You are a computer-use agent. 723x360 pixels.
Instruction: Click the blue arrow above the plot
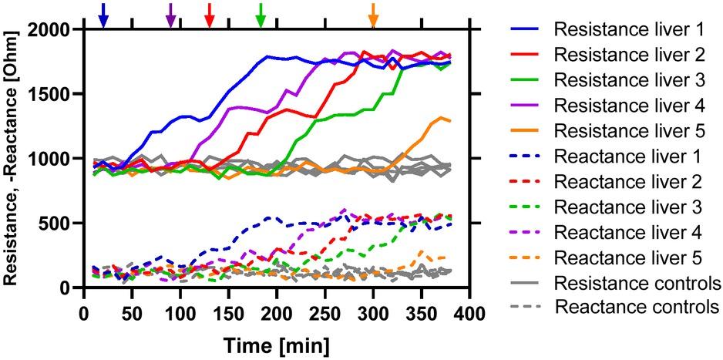point(103,14)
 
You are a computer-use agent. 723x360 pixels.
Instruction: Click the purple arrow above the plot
point(171,14)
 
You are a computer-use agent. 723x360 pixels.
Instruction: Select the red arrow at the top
point(209,14)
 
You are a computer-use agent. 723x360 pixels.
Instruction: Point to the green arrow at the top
point(261,14)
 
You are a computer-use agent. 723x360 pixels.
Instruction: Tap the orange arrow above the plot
point(374,14)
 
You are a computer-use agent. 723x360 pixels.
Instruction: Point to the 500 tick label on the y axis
point(59,224)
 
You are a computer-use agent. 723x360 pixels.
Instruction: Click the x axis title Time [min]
point(276,342)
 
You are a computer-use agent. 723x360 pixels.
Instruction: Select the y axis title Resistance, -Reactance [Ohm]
point(13,158)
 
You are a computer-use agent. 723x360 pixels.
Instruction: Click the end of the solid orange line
point(450,121)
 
